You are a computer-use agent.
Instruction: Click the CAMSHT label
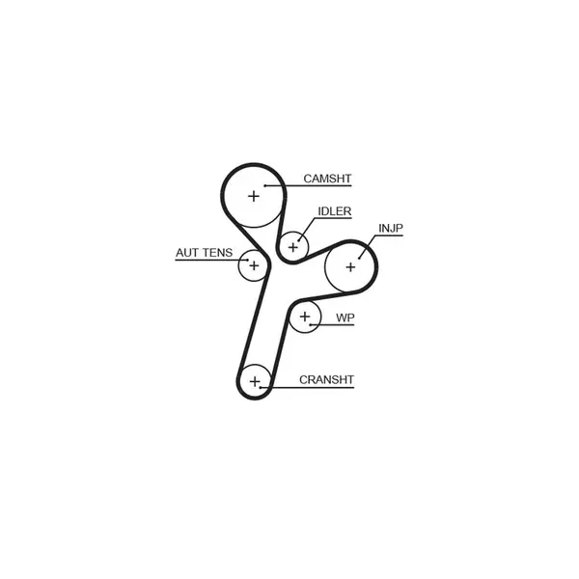[327, 179]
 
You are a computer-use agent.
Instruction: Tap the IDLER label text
[335, 211]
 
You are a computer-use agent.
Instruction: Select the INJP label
[391, 228]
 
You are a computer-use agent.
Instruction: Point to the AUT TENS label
[205, 253]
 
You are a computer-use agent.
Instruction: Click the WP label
[345, 317]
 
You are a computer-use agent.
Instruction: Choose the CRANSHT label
[326, 379]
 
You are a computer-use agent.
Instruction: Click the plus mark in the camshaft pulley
[254, 196]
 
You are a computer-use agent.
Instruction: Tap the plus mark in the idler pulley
[292, 247]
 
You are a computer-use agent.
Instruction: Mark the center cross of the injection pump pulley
[350, 267]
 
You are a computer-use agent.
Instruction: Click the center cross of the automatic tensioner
[254, 265]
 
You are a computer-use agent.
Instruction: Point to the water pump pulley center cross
[305, 317]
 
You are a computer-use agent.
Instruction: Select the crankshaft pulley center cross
[255, 381]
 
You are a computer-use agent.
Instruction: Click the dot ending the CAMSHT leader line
[265, 185]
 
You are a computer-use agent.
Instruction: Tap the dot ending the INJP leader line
[359, 258]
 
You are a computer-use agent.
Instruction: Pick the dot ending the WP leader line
[311, 324]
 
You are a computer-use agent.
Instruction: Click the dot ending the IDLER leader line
[299, 240]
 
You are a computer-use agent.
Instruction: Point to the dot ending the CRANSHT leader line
[261, 387]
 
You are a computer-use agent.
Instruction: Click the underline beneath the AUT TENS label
[211, 260]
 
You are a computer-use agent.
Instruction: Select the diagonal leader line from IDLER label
[307, 229]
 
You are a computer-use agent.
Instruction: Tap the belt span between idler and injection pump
[319, 252]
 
